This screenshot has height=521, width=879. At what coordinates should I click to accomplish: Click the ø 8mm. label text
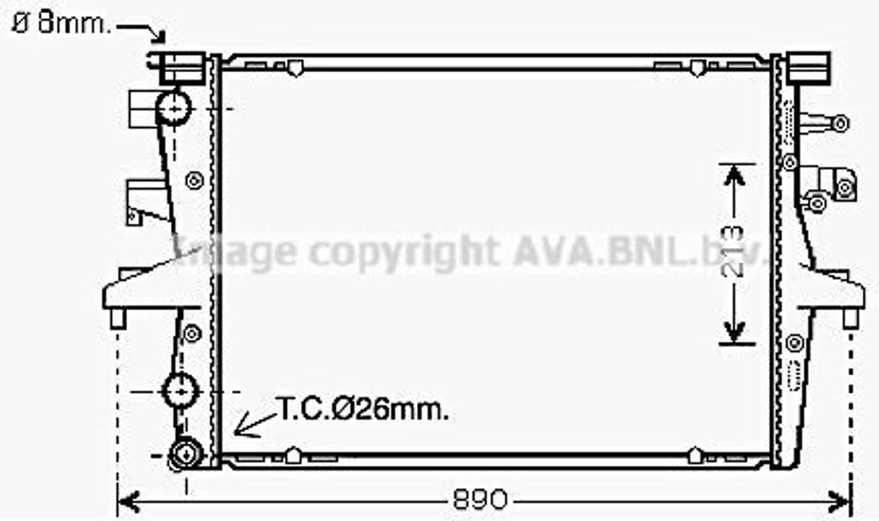[x=62, y=23]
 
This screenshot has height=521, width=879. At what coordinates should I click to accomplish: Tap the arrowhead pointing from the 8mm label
[x=160, y=36]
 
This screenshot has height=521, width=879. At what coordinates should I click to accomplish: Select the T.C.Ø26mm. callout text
[x=362, y=409]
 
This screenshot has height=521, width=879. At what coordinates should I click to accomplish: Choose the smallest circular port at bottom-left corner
[x=185, y=453]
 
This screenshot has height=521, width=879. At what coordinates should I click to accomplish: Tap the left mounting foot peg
[x=118, y=318]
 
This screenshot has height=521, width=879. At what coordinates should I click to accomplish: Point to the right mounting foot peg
[x=851, y=318]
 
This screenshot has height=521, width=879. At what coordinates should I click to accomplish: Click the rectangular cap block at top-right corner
[x=808, y=66]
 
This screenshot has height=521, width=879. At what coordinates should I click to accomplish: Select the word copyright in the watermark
[x=403, y=251]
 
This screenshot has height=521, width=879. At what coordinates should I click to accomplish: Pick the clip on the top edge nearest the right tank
[x=697, y=66]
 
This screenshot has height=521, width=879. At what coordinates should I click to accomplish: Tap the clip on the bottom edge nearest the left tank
[x=293, y=456]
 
